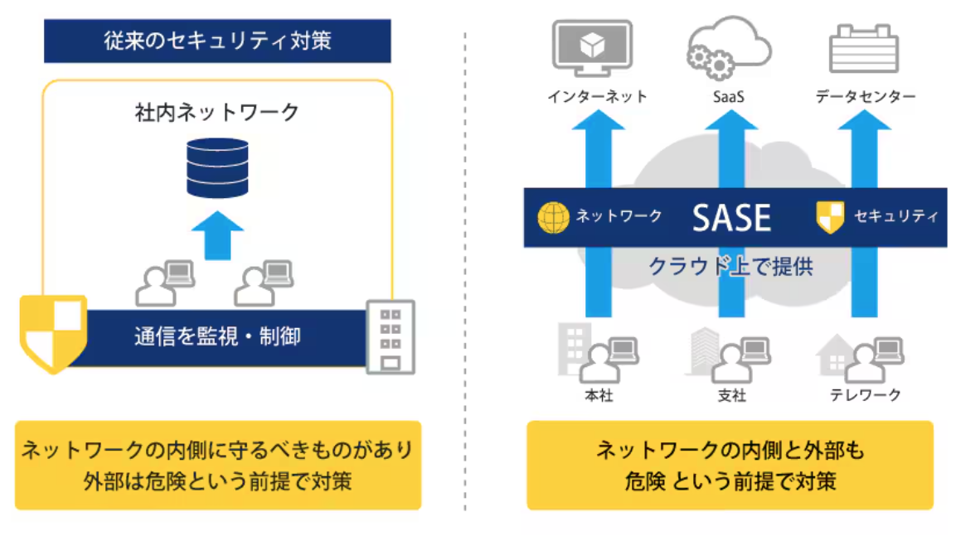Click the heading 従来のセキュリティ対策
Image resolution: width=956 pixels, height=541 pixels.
217,41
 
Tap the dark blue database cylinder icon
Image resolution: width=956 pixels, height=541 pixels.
217,168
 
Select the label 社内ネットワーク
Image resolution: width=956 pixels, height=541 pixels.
217,112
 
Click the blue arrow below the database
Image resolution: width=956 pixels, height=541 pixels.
217,236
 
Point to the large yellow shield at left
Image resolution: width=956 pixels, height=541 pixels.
53,333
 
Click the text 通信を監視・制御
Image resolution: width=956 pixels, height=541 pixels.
217,336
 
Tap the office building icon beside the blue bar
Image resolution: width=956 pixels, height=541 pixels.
391,337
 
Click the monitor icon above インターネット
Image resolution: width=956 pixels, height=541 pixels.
591,48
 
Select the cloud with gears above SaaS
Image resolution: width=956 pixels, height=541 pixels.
729,48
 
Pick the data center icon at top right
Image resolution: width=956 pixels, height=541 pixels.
863,48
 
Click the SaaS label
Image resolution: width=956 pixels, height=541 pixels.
729,97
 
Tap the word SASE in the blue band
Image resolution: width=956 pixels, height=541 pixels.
731,218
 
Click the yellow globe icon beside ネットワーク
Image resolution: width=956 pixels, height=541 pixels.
553,218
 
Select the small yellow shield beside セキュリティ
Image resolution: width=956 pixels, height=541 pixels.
830,218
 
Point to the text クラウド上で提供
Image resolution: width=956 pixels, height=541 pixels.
730,266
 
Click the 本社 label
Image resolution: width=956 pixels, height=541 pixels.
599,395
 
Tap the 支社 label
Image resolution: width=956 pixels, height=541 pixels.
731,395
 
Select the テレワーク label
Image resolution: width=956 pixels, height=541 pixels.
865,395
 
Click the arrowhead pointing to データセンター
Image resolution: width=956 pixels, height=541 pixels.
864,120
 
